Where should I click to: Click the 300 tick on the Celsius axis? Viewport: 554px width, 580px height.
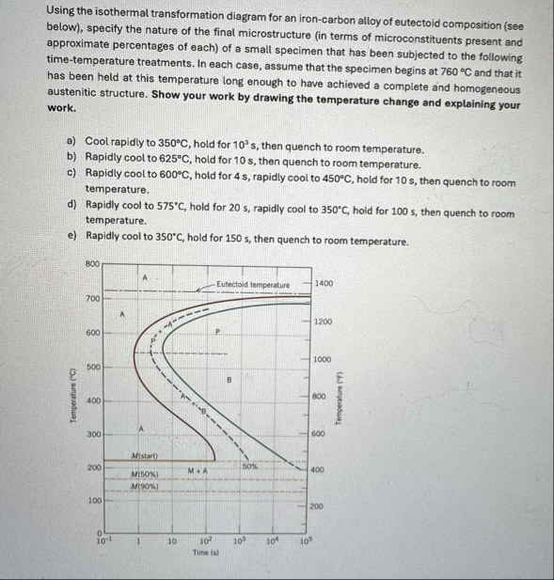click(x=92, y=434)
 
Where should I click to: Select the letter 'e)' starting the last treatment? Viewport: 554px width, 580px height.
click(x=71, y=242)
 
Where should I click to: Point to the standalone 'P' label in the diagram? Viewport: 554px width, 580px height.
click(x=217, y=332)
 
